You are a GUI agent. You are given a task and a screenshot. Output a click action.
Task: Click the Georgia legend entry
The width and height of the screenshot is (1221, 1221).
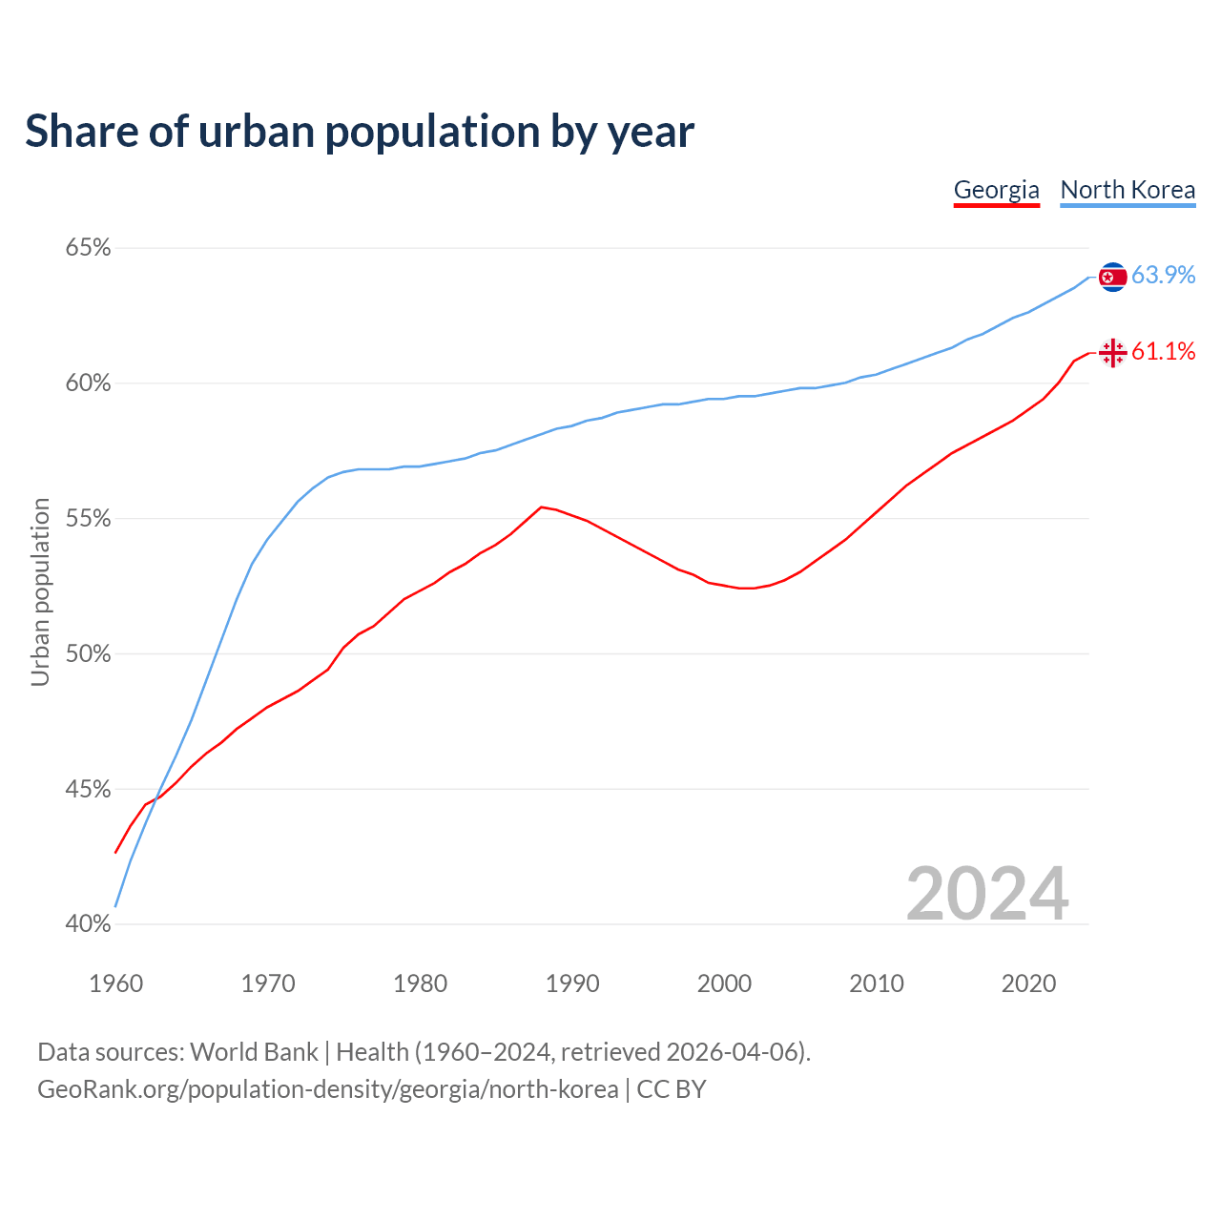pos(996,190)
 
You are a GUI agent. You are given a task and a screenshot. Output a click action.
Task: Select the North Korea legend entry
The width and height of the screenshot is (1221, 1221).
pos(1128,190)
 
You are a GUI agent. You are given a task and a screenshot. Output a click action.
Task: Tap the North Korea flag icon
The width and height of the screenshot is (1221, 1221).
pos(1112,277)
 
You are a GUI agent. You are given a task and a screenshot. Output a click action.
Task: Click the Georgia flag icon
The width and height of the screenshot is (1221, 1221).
pos(1112,353)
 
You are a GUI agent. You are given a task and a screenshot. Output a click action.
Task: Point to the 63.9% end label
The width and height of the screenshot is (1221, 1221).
pos(1163,275)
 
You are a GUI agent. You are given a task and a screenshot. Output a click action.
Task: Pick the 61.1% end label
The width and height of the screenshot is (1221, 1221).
pos(1163,351)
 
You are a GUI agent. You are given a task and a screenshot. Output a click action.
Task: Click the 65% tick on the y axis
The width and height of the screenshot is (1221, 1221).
pos(88,248)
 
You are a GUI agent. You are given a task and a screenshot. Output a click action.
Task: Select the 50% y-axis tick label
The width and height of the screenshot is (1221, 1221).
pos(88,654)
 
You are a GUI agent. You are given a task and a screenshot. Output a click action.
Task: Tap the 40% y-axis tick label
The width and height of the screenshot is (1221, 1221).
pos(88,924)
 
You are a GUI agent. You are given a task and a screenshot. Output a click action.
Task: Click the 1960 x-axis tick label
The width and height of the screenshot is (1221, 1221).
pos(116,983)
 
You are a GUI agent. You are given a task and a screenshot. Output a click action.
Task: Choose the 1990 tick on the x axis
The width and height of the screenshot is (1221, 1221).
pos(572,983)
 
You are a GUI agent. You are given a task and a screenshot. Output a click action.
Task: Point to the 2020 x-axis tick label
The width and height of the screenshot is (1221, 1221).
pos(1028,983)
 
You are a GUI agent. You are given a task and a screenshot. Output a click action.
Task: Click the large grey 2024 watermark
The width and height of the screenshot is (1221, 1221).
pos(987,894)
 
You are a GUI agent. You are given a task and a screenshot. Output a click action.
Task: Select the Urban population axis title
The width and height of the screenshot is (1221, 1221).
pos(40,591)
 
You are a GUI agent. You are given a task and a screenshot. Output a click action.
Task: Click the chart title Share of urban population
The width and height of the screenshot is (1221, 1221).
pos(360,131)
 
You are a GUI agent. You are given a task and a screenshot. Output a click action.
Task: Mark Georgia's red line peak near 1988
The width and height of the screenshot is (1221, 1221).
pos(541,507)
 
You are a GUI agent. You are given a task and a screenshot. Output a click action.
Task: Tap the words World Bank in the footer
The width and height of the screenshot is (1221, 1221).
pos(254,1052)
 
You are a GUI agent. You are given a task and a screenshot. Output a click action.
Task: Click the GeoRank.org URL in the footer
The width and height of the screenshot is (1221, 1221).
pos(327,1089)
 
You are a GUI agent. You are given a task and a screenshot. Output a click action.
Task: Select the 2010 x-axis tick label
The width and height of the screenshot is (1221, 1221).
pos(877,983)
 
